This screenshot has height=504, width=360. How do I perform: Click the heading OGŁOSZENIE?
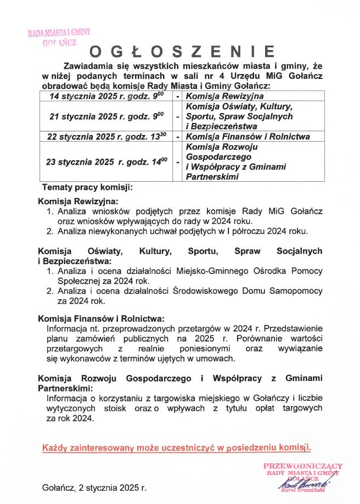182,52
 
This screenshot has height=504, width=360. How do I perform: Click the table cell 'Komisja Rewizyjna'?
217,96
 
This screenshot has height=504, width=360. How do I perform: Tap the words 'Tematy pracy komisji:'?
87,187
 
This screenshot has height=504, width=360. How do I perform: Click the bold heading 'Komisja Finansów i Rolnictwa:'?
101,318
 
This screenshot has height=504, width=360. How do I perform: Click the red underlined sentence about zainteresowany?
177,447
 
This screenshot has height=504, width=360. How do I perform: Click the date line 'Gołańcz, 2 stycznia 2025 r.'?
94,488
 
